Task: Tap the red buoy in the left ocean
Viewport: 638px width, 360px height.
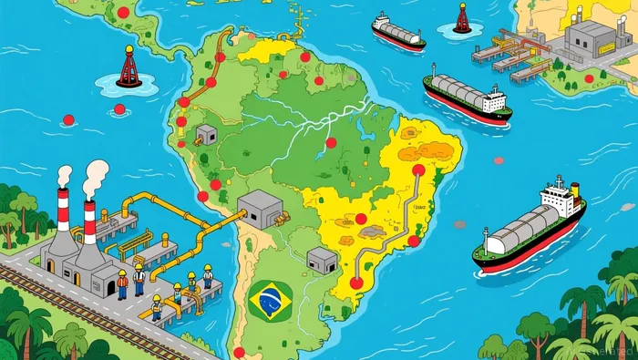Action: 129,68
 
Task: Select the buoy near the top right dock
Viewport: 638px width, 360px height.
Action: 462,18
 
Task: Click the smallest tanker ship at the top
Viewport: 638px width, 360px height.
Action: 397,32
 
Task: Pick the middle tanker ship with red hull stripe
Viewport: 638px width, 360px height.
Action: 466,97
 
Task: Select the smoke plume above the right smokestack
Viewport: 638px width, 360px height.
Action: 96,176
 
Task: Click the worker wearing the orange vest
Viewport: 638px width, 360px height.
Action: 122,285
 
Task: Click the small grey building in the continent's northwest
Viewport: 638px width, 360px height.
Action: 205,134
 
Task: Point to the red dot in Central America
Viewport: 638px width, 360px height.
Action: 123,13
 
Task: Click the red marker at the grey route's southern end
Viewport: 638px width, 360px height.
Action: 355,283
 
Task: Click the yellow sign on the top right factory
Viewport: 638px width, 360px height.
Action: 576,14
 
